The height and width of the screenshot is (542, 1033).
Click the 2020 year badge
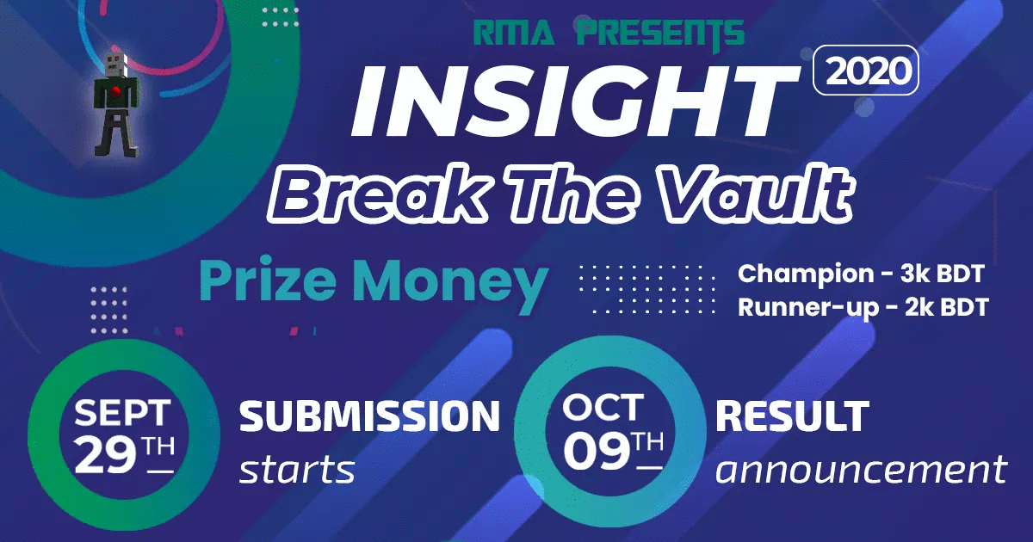[x=866, y=71]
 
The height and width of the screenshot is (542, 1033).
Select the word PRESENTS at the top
[x=661, y=34]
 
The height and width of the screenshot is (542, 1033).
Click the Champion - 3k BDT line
[x=861, y=274]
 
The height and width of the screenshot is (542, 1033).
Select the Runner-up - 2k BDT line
[x=863, y=308]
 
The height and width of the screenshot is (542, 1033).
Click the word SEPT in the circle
[x=122, y=412]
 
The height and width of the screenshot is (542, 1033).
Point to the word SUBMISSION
[x=369, y=416]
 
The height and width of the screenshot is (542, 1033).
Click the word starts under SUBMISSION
[x=297, y=470]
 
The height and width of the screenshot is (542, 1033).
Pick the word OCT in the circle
[x=603, y=408]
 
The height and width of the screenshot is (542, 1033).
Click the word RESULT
[x=792, y=416]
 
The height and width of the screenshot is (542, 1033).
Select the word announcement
[x=861, y=469]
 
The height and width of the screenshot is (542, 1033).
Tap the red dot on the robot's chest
[x=116, y=92]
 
